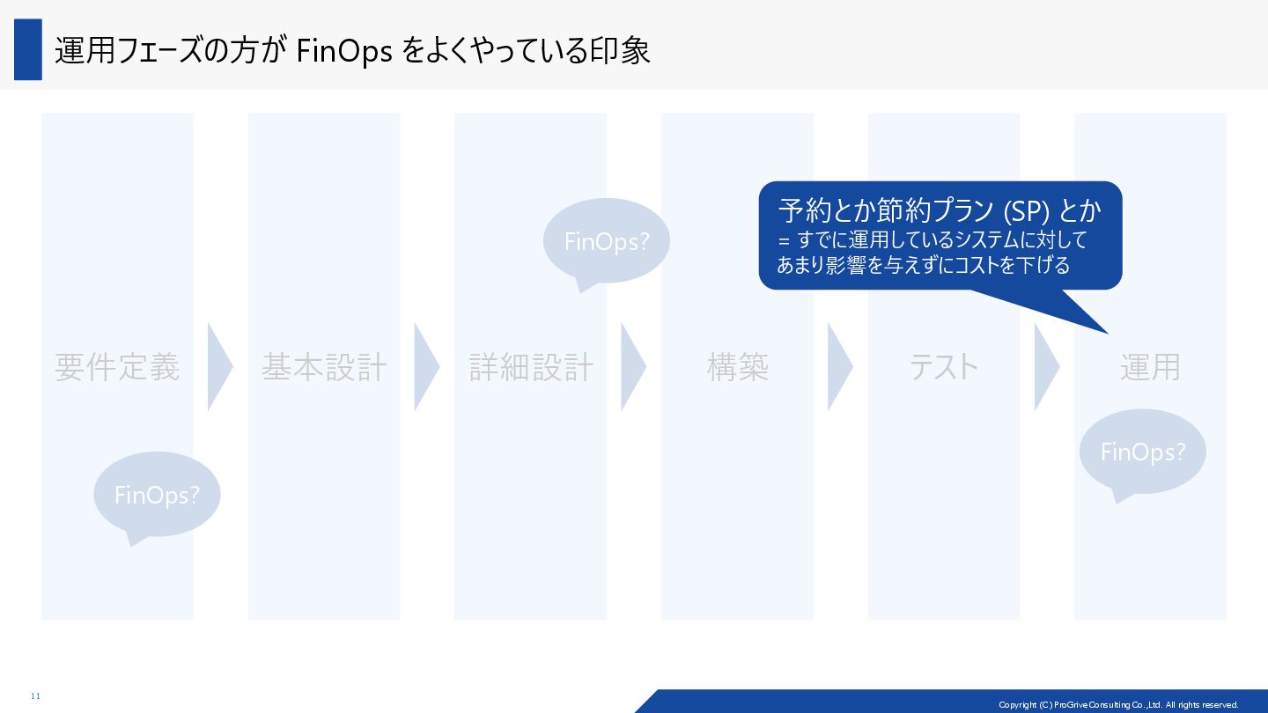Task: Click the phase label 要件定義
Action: click(117, 367)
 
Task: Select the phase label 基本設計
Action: click(324, 367)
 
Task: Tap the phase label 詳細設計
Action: click(531, 367)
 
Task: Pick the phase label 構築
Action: click(737, 367)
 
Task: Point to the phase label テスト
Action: click(944, 367)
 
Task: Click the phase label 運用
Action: click(1150, 367)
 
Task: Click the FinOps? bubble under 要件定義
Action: click(157, 495)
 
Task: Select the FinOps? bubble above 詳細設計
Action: click(606, 241)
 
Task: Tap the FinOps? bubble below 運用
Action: click(1142, 452)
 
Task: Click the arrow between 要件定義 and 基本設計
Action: click(218, 367)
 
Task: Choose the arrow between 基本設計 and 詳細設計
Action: click(425, 367)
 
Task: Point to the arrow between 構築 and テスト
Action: click(838, 367)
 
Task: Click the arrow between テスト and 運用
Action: click(1045, 367)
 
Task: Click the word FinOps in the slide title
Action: click(344, 51)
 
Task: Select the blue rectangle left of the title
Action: click(28, 50)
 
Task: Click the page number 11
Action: click(35, 696)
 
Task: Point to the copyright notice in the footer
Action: click(1118, 705)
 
